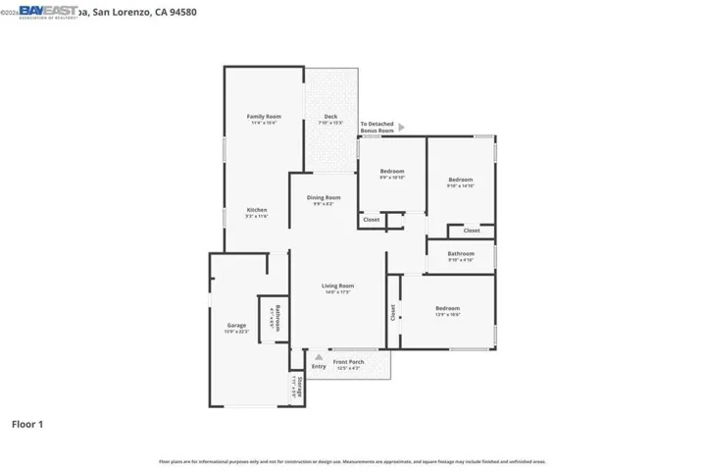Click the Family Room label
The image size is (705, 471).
263,117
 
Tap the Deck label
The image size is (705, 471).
330,117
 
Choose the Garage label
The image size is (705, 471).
236,325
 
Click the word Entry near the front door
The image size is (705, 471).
319,366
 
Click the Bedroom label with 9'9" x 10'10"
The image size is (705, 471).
392,172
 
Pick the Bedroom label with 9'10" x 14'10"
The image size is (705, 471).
460,180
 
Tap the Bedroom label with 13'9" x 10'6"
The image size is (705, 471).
447,308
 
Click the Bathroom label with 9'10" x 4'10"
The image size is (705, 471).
460,254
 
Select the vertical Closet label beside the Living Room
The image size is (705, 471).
393,312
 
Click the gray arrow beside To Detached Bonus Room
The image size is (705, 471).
400,127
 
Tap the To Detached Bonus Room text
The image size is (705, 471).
377,127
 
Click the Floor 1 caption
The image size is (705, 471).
27,425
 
